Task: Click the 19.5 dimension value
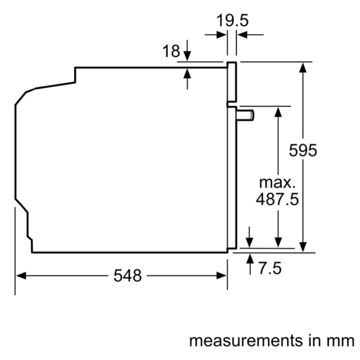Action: [232, 20]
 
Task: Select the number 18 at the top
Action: [171, 51]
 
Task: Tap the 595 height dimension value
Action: [303, 150]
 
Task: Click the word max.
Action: [278, 182]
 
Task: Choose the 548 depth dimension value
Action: [127, 276]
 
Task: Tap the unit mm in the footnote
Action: [341, 340]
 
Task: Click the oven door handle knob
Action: [246, 115]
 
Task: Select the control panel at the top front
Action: [231, 81]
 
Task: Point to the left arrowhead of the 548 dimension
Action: [21, 276]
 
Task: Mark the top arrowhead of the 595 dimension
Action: [304, 67]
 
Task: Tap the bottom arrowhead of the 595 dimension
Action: [304, 247]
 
